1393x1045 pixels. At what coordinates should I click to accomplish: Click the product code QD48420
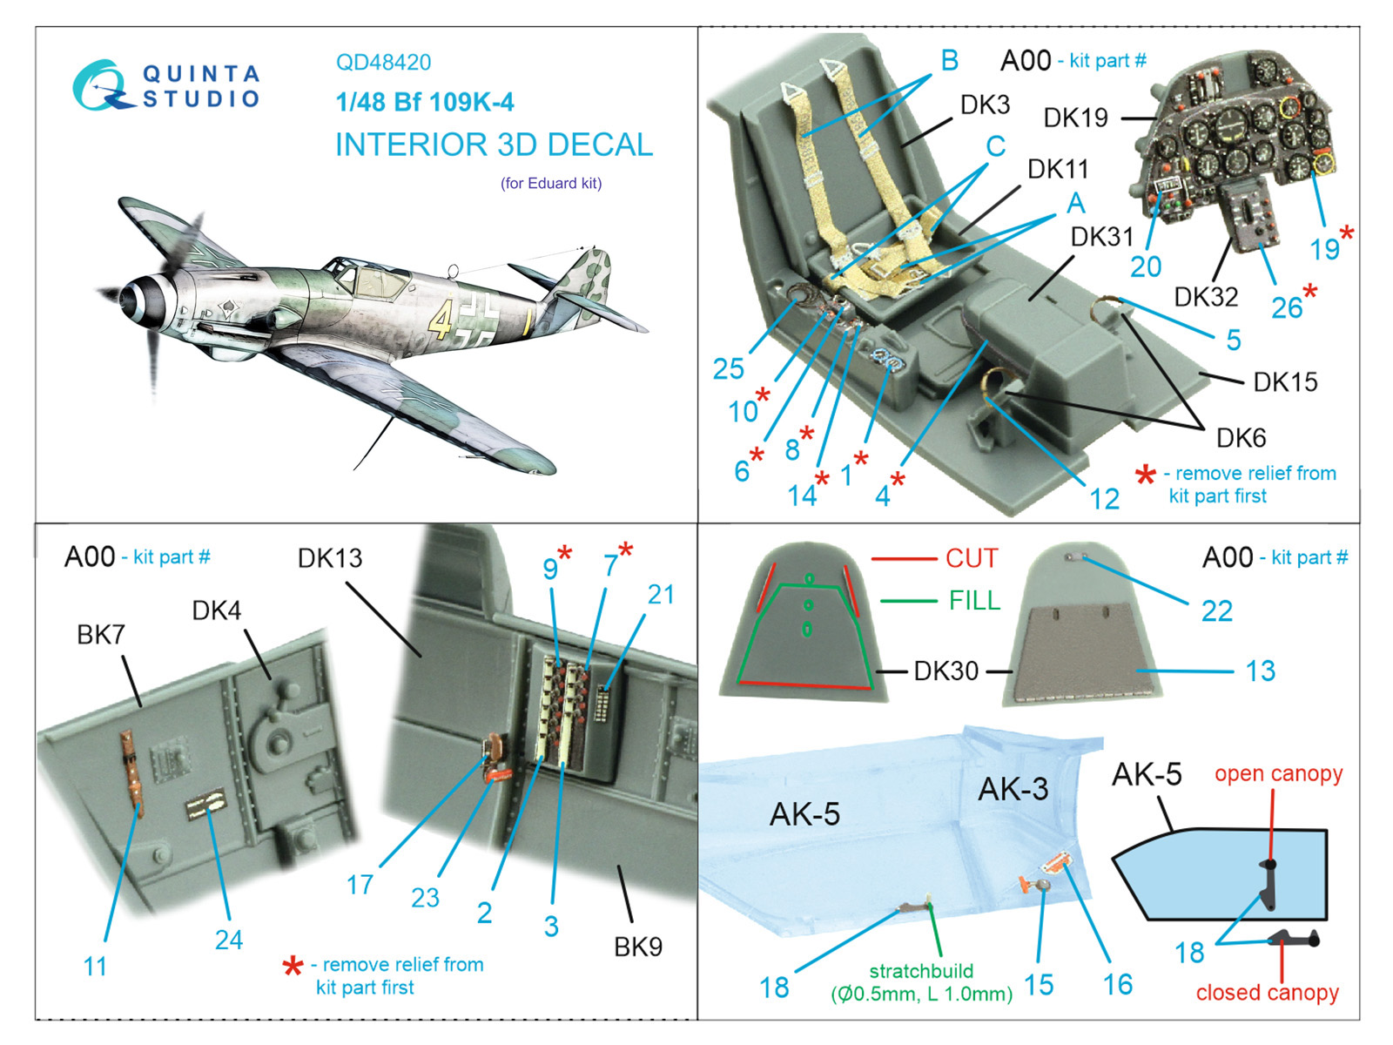point(383,63)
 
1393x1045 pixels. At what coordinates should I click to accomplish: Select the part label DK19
point(1075,118)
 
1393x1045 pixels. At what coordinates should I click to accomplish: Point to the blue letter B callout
point(949,60)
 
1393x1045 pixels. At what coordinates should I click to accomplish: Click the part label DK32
point(1206,297)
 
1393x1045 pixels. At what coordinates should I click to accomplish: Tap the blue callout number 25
point(729,368)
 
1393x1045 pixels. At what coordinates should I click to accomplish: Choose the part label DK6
point(1241,438)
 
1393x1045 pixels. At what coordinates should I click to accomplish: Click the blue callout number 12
point(1105,499)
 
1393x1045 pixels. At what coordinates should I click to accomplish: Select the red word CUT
point(972,558)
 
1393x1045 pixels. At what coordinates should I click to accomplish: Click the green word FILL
point(974,601)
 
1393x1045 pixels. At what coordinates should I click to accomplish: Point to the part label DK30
point(945,671)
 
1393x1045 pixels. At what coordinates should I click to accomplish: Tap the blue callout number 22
point(1216,611)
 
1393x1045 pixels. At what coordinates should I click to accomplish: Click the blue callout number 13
point(1260,671)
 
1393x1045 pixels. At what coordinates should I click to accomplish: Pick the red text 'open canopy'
point(1278,773)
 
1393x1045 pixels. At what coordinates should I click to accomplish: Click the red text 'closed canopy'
point(1267,993)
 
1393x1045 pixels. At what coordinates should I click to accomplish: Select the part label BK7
point(101,635)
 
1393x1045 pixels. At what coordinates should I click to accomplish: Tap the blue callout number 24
point(229,940)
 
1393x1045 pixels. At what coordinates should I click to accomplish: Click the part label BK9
point(638,947)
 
